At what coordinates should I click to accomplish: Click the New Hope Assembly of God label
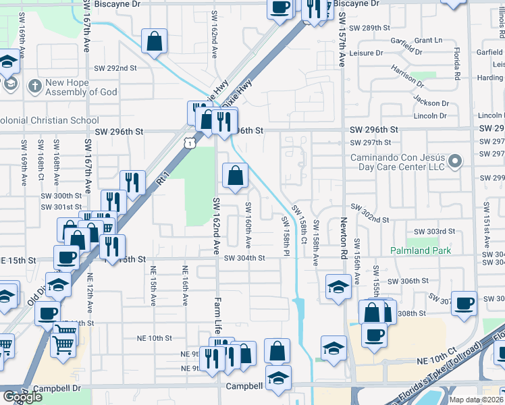[81, 87]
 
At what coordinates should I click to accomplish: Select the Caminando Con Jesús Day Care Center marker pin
[455, 161]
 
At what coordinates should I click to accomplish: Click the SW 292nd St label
[115, 68]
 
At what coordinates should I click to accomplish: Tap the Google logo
[22, 397]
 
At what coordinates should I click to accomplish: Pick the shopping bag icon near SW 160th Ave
[235, 177]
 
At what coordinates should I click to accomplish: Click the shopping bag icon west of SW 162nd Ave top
[155, 41]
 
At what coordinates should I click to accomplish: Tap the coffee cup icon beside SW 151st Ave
[464, 303]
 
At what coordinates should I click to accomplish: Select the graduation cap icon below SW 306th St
[338, 286]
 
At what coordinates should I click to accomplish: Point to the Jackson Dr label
[431, 103]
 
